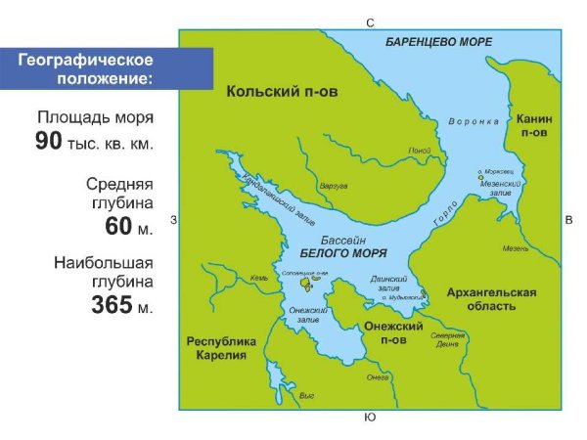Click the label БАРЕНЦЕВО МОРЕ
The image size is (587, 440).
[x=437, y=41]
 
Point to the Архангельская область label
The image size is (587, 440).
[x=492, y=299]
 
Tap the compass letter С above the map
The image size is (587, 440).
[x=370, y=22]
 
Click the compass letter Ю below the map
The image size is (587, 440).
[x=369, y=418]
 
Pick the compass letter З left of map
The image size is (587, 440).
[x=172, y=220]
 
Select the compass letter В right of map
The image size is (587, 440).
[x=568, y=221]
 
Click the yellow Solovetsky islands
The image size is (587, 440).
[x=307, y=284]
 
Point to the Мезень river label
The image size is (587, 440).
[x=516, y=248]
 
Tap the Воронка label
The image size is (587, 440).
[x=474, y=122]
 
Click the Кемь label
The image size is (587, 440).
[x=258, y=278]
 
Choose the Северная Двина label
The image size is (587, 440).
[x=448, y=338]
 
